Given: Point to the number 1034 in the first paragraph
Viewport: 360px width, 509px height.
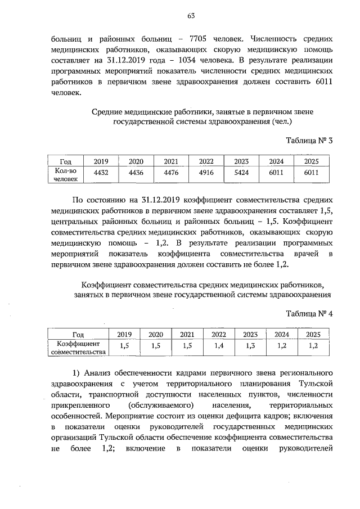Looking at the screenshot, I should point(190,60).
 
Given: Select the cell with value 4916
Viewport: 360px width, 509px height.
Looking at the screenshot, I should point(206,173).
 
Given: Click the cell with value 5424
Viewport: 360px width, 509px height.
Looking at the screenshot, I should point(241,173).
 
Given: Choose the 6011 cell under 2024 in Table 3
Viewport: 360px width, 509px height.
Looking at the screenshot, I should point(276,173).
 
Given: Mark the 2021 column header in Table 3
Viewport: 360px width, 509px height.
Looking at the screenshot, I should point(171,161).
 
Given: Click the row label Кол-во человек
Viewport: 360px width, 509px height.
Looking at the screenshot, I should point(66,174).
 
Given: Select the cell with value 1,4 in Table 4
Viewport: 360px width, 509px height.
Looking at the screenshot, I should point(219,346).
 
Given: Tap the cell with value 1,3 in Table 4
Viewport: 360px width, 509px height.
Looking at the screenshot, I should point(250,346).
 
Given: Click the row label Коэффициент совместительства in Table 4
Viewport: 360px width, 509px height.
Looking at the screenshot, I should point(78,347).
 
